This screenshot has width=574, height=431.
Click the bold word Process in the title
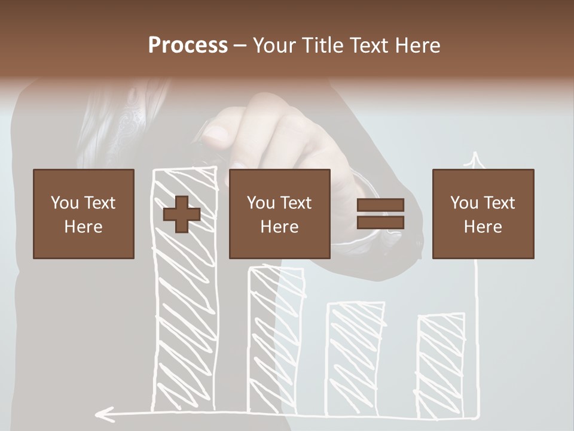tap(188, 45)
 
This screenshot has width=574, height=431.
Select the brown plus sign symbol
tap(182, 214)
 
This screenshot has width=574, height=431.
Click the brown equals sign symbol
tap(380, 214)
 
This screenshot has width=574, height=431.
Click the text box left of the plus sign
tap(84, 214)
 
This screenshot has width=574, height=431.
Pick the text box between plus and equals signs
tap(279, 214)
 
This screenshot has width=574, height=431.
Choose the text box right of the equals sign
tap(483, 214)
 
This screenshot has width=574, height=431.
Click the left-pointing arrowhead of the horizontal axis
tap(103, 413)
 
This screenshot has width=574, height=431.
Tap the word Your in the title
tap(273, 45)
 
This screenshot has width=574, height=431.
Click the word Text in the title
tap(369, 45)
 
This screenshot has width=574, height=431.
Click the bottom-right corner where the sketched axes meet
tap(478, 414)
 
